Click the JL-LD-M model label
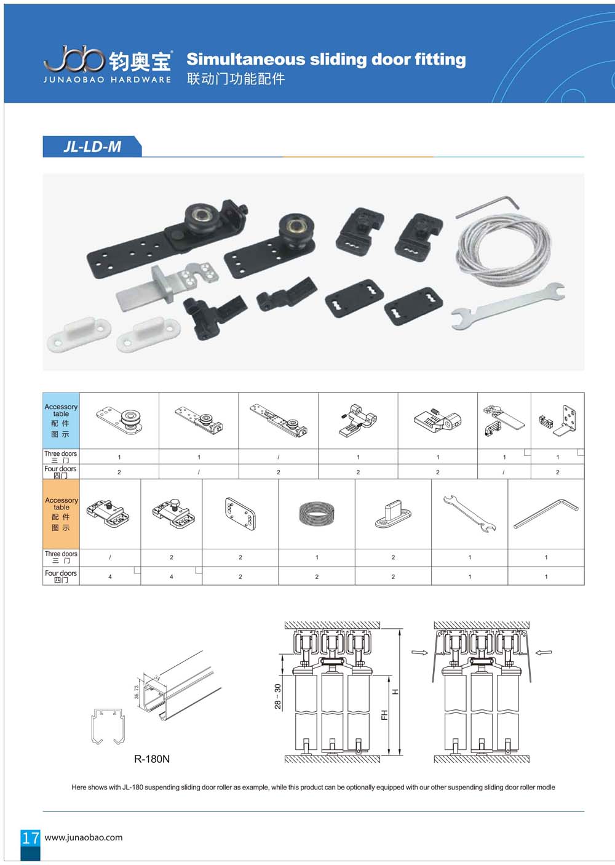coord(92,147)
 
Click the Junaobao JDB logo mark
coord(74,58)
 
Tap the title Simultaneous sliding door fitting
coord(326,60)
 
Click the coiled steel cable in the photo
coord(504,249)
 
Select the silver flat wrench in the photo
coord(508,306)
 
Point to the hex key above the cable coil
coord(487,207)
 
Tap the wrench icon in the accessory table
coord(469,514)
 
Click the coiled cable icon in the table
coord(317,514)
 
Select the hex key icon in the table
coord(546,514)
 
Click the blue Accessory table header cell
coord(61,421)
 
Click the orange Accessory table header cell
coord(61,514)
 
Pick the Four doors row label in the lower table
coord(61,576)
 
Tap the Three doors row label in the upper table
coord(61,456)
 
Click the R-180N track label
coord(152,759)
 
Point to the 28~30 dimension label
coord(277,696)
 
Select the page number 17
coord(31,838)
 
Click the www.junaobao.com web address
coord(84,837)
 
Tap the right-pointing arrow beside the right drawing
coord(419,652)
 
